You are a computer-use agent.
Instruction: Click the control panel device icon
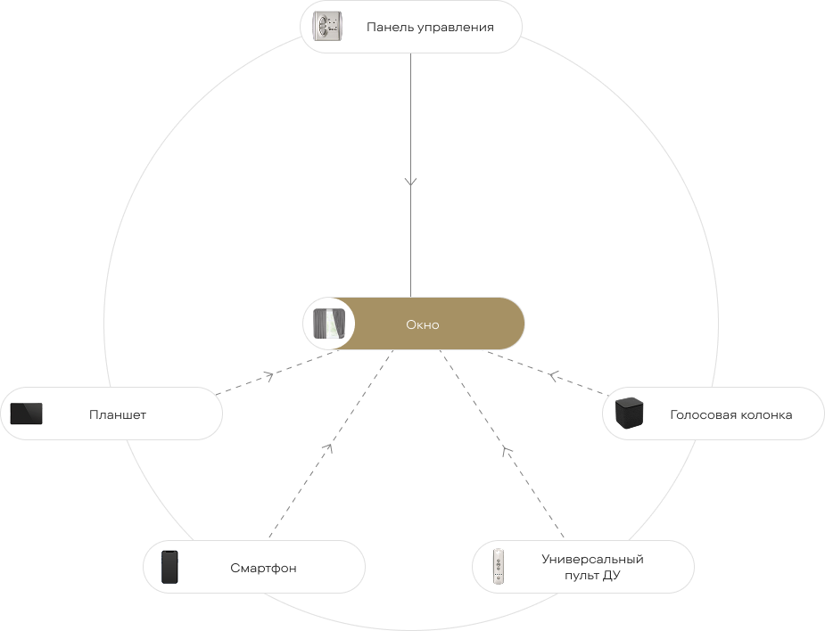click(327, 27)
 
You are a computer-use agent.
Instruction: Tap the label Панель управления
click(430, 28)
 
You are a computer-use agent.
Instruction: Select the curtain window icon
click(329, 324)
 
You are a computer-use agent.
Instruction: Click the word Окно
click(423, 324)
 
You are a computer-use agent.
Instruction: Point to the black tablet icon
click(26, 414)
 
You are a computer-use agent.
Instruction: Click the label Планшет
click(118, 415)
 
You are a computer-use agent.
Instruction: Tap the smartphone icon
click(169, 567)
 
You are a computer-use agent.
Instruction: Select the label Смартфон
click(263, 568)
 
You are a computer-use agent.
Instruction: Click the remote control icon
click(498, 566)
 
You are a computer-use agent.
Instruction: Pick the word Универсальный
click(592, 559)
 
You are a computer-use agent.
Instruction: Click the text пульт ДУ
click(592, 575)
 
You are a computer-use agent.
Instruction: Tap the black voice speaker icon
click(630, 413)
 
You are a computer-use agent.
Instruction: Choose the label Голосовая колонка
click(730, 415)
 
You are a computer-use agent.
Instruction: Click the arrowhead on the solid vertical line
click(410, 182)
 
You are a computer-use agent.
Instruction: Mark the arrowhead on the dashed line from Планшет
click(268, 376)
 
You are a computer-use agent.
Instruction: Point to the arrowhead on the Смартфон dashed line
click(328, 448)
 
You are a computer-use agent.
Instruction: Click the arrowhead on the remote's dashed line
click(506, 450)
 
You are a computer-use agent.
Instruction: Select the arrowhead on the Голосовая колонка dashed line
click(552, 375)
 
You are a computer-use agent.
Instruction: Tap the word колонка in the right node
click(766, 415)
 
